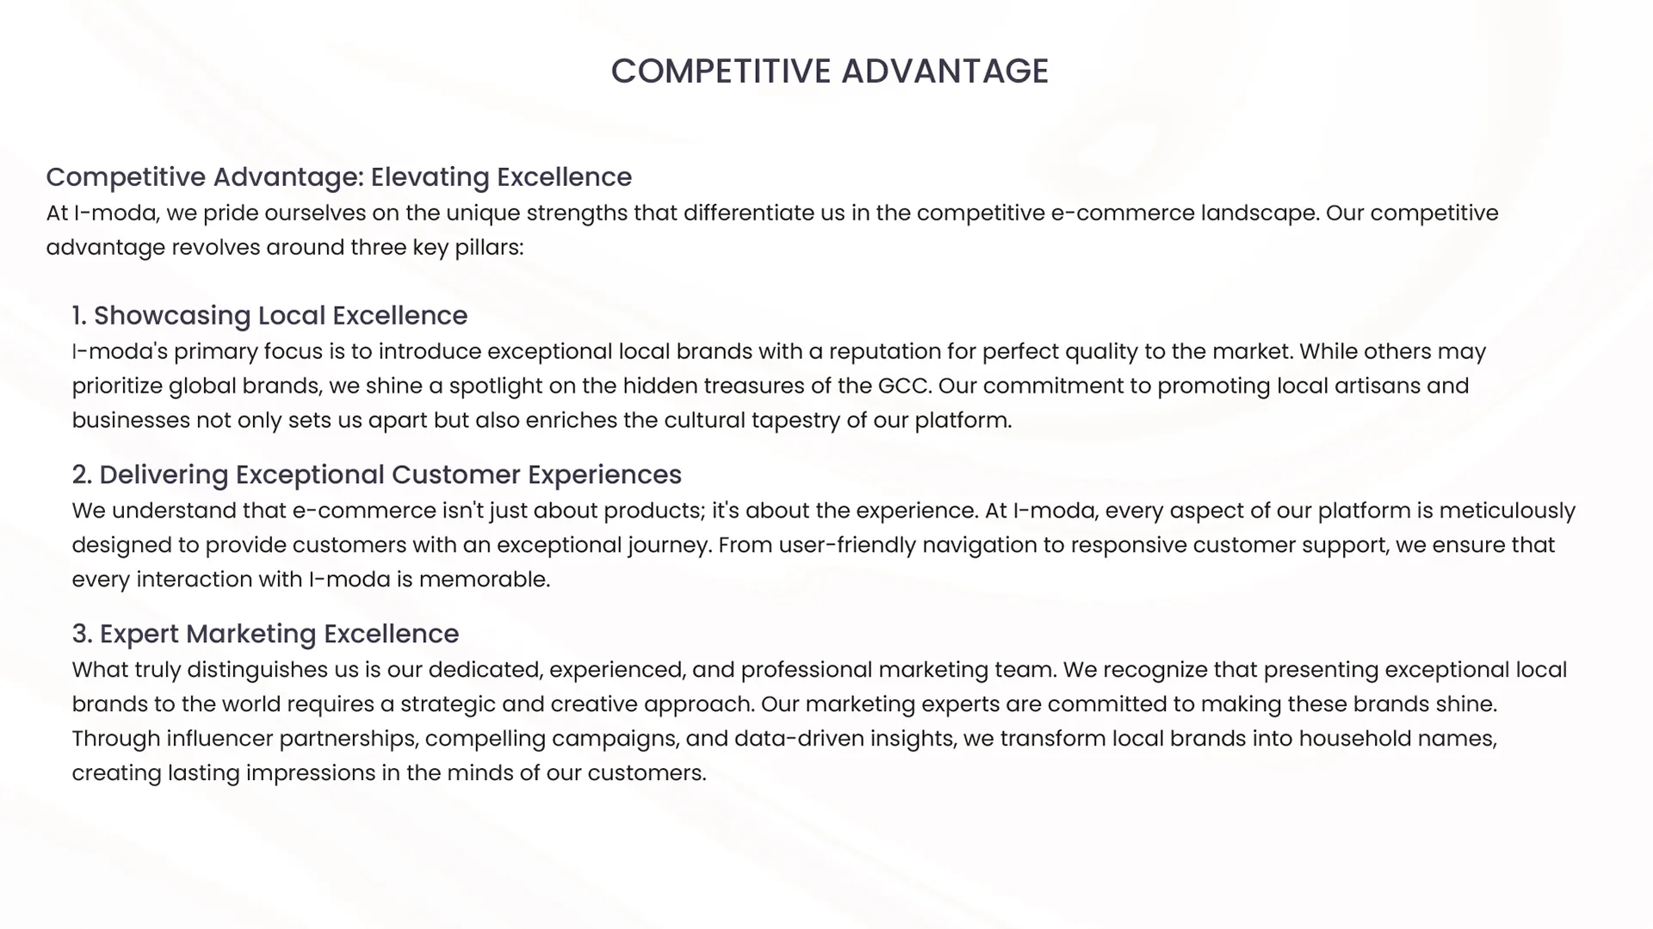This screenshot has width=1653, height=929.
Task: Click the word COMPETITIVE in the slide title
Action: pos(721,71)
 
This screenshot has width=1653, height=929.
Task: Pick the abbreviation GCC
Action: pos(903,386)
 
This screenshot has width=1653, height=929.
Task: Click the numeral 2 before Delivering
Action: pos(80,475)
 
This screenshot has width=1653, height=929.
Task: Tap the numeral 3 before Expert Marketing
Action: pos(80,635)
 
